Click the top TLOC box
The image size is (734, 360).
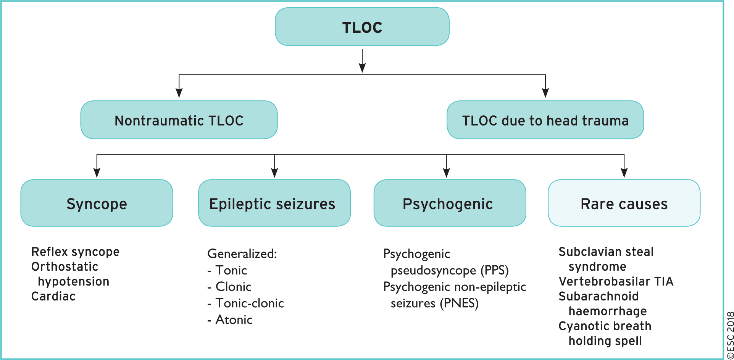coord(362,27)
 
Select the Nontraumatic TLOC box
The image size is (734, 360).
coord(179,120)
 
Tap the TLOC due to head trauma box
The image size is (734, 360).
coord(545,120)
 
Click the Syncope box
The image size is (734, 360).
coord(97,203)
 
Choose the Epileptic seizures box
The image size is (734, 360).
coord(274,203)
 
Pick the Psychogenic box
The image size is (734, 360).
coord(450,203)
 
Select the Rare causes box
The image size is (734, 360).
coord(624,203)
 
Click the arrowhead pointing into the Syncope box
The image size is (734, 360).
coord(97,173)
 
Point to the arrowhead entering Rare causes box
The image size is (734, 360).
coord(624,173)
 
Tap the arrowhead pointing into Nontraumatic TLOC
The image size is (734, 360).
coord(179,93)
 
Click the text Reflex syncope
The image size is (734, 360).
coord(75,252)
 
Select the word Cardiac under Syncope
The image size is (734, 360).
coord(53,296)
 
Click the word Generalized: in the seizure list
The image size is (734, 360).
coord(242,253)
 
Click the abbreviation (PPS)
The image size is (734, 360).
coord(494,271)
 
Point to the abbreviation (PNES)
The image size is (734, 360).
coord(459,303)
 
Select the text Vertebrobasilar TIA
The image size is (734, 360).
coord(616,281)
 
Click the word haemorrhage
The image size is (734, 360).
coord(608,311)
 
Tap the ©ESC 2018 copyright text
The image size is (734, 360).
coord(730,335)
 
